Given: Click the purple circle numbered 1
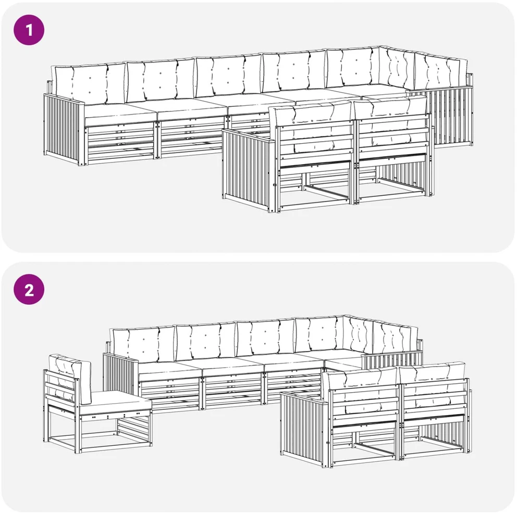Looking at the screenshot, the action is tap(29, 30).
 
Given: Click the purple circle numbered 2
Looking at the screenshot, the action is tap(29, 290).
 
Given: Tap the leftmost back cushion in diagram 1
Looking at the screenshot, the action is tap(90, 84).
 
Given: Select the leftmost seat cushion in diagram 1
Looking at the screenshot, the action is tap(120, 114).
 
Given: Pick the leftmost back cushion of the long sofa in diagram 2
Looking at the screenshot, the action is tap(142, 344).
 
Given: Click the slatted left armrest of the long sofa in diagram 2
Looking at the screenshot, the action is tap(120, 374).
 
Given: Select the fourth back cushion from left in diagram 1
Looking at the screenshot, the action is tap(294, 70).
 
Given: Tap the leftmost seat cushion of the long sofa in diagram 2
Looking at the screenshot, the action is tap(170, 371).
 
